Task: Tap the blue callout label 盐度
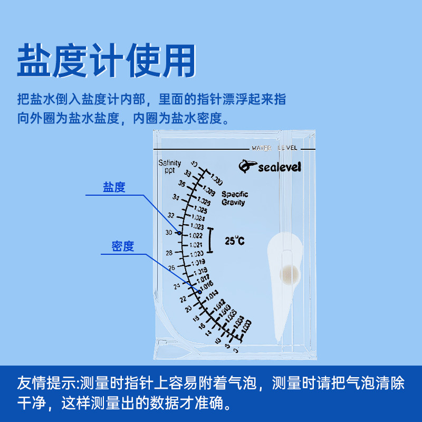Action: tap(114, 187)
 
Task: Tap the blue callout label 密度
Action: tap(123, 246)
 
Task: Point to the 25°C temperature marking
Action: tap(235, 241)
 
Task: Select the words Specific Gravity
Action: tap(235, 198)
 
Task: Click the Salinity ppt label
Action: tap(169, 167)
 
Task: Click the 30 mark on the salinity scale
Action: tap(168, 232)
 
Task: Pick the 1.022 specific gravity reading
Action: tap(196, 236)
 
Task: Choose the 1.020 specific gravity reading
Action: tap(196, 254)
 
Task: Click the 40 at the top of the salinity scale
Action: tap(194, 164)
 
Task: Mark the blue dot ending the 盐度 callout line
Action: tap(179, 233)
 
